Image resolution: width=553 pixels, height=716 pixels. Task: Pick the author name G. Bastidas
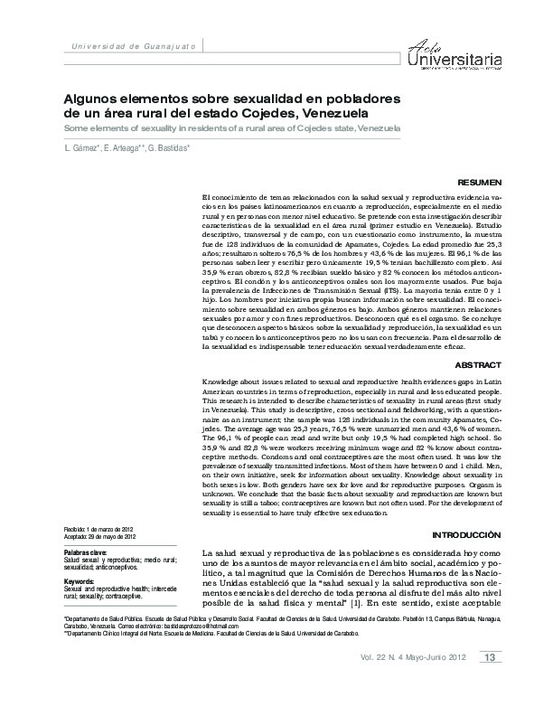[168, 147]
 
